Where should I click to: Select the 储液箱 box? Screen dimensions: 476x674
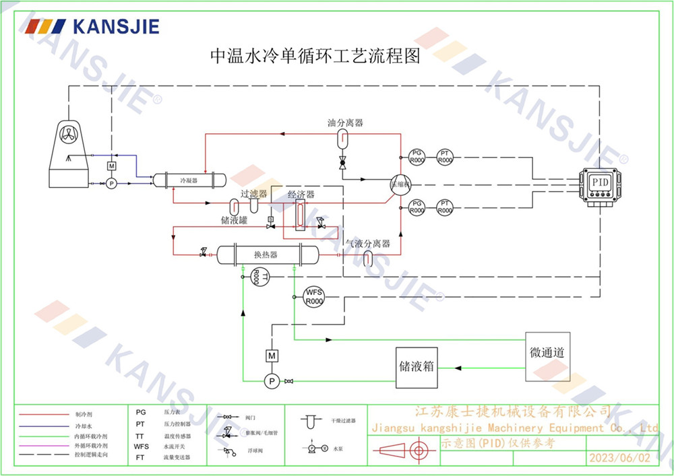(416, 368)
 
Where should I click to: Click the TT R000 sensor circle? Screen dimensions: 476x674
(259, 276)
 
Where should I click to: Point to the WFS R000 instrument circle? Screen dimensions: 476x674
(314, 297)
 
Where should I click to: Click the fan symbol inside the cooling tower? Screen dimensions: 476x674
(70, 133)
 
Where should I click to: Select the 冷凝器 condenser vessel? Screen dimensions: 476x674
(188, 180)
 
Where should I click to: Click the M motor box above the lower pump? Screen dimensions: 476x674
(272, 355)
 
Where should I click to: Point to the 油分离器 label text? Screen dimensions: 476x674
(345, 123)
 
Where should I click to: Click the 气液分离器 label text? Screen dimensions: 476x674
(368, 244)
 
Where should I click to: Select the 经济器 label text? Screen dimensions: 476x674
(301, 195)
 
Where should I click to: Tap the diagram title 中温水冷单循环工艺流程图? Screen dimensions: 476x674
(315, 57)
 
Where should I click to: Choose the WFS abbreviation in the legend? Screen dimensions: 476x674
(141, 446)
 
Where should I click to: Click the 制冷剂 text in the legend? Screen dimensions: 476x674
(83, 415)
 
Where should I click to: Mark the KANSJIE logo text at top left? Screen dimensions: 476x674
(116, 26)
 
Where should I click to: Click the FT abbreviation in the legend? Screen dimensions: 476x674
(140, 456)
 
